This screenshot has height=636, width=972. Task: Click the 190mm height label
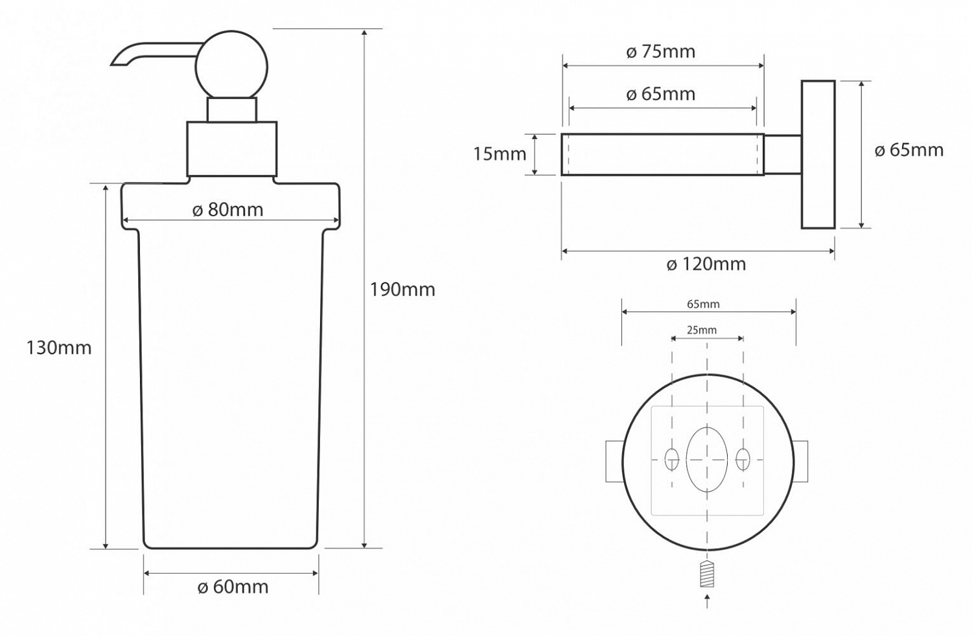click(x=402, y=290)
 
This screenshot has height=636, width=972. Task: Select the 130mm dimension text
click(x=59, y=348)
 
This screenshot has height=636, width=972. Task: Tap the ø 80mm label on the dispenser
click(x=228, y=210)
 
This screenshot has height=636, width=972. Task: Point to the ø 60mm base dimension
click(x=233, y=587)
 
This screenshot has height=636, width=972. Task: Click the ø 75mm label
click(x=661, y=52)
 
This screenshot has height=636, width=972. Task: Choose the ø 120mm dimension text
click(x=706, y=264)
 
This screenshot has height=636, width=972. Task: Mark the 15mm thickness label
click(x=500, y=154)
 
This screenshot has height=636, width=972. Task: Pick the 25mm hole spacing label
click(x=702, y=330)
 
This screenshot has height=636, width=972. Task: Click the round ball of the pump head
click(x=231, y=67)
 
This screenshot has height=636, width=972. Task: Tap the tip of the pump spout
click(x=112, y=65)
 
